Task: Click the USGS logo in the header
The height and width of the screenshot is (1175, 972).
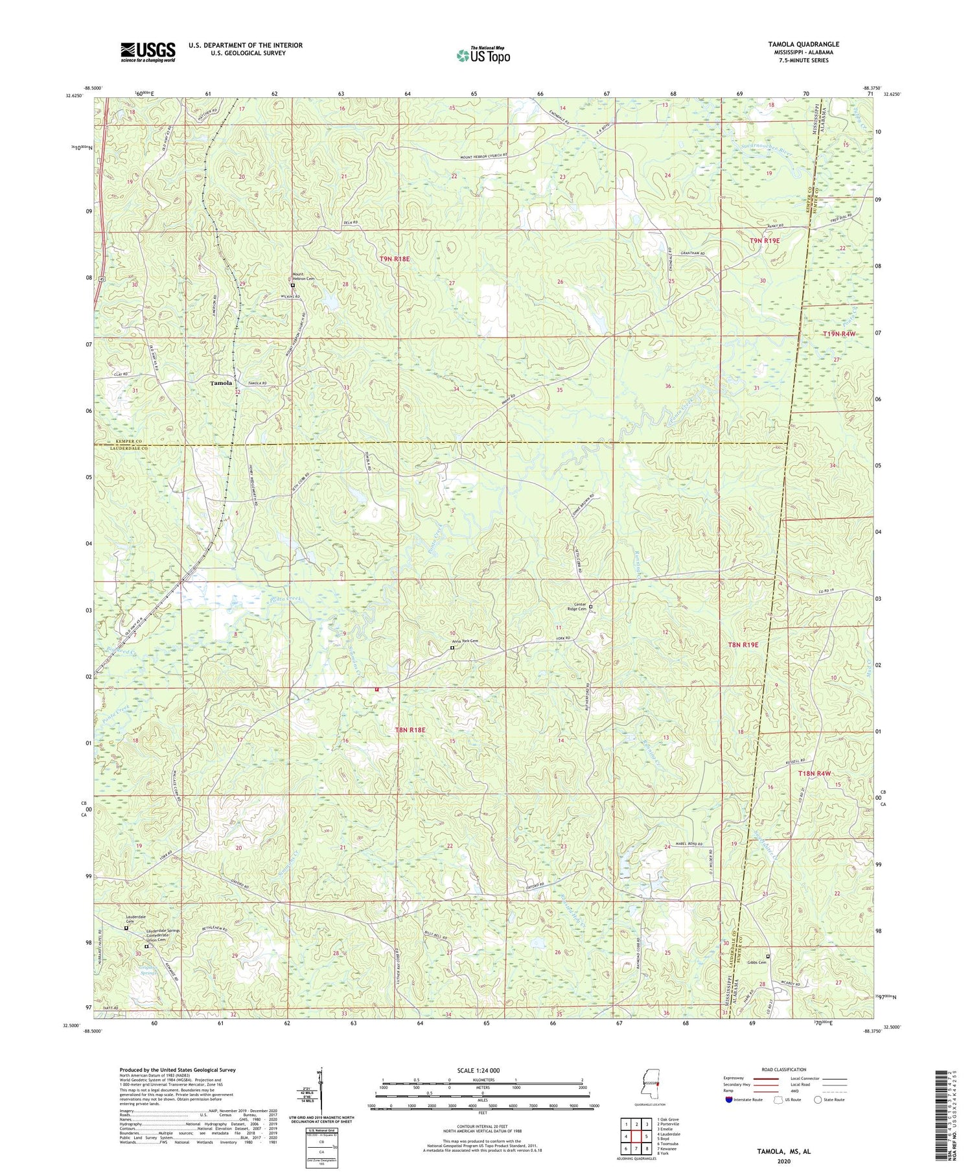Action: [148, 52]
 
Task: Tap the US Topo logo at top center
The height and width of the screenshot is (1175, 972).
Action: [483, 55]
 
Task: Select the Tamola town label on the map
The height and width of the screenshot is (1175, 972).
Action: [221, 383]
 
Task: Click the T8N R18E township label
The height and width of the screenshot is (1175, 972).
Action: [410, 730]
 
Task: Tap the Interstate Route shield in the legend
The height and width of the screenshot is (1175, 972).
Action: [728, 1100]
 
